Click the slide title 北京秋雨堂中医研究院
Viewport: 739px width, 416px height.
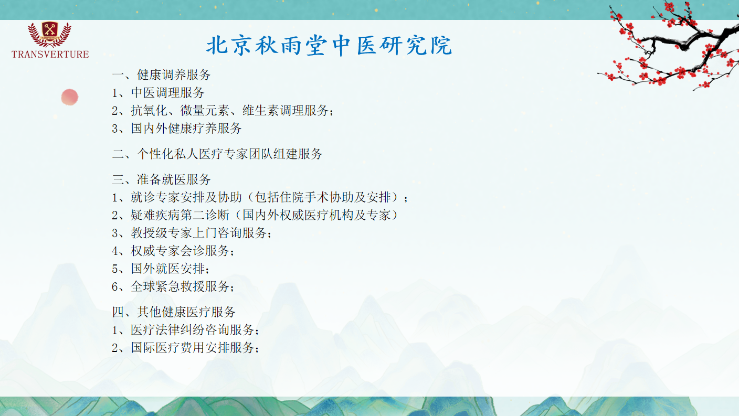[x=329, y=45]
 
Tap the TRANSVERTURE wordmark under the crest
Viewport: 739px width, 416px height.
[x=50, y=55]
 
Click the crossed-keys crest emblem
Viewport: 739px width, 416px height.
[x=49, y=33]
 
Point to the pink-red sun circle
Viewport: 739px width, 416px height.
[x=70, y=97]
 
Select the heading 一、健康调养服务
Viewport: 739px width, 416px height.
[x=161, y=75]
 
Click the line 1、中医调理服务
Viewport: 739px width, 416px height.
[x=158, y=93]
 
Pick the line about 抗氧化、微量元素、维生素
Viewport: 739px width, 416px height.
[x=223, y=111]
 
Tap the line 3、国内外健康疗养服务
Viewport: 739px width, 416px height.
[x=177, y=128]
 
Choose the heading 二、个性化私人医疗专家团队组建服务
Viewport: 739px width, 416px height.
[x=217, y=154]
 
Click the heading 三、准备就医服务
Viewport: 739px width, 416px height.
[x=161, y=179]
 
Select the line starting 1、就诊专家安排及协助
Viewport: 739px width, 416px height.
[x=260, y=197]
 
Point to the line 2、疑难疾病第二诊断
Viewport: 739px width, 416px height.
[x=255, y=215]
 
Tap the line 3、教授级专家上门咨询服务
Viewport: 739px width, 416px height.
[x=192, y=233]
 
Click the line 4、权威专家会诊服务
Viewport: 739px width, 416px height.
[x=173, y=251]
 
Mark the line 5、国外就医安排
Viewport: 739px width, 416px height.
[x=161, y=269]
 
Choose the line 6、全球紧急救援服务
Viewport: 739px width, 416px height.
[x=173, y=286]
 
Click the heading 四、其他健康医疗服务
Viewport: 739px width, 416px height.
[x=174, y=312]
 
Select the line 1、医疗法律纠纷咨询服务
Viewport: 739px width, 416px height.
[x=185, y=329]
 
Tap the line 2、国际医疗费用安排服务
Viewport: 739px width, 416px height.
[x=185, y=347]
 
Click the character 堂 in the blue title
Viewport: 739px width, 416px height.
[x=316, y=45]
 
